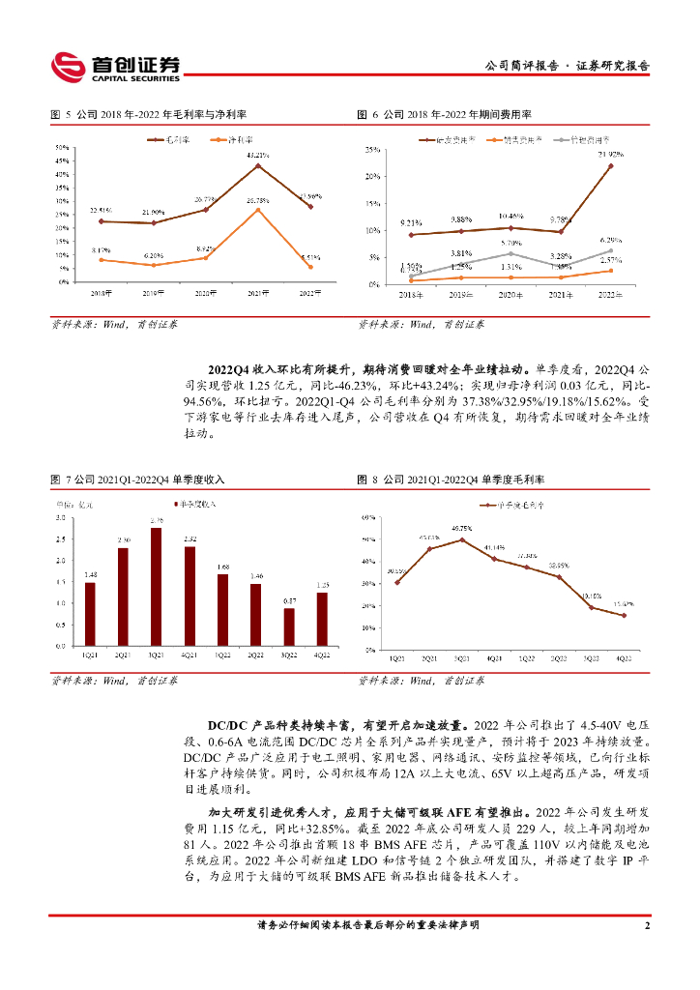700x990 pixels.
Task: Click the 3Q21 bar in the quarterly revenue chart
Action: pos(156,587)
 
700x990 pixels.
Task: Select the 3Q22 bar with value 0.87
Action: pos(289,626)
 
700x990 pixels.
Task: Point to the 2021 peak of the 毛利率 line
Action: pos(257,165)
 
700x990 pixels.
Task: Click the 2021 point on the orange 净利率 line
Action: pos(257,209)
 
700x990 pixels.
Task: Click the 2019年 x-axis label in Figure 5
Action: pos(152,292)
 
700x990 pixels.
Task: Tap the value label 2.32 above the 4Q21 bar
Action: pos(190,539)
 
